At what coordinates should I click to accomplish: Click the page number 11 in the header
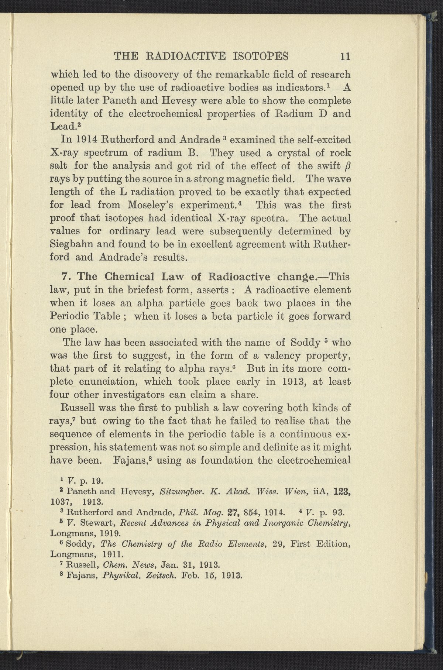click(345, 57)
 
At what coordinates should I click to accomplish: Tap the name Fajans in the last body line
click(134, 461)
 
